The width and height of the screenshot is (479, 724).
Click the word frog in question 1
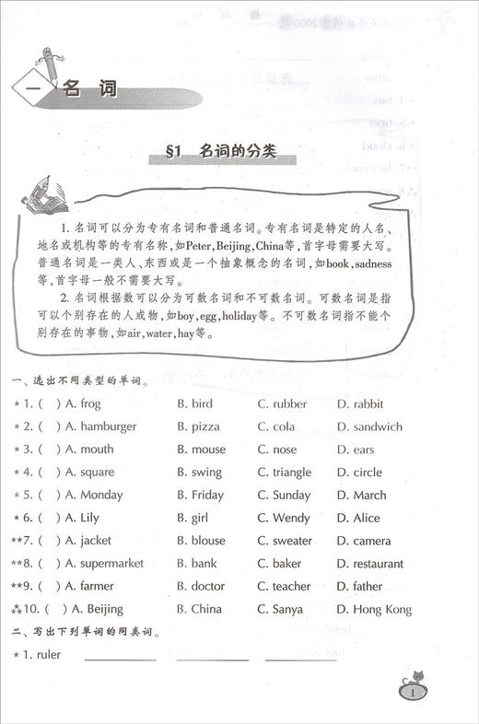pos(89,404)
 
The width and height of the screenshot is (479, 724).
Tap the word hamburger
pos(108,426)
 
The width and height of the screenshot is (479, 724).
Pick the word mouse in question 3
pos(207,450)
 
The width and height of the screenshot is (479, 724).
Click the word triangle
pos(291,473)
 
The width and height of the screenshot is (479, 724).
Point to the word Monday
pos(101,495)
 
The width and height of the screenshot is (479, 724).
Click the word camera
pos(371,541)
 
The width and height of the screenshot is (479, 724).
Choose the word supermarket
pos(114,563)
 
